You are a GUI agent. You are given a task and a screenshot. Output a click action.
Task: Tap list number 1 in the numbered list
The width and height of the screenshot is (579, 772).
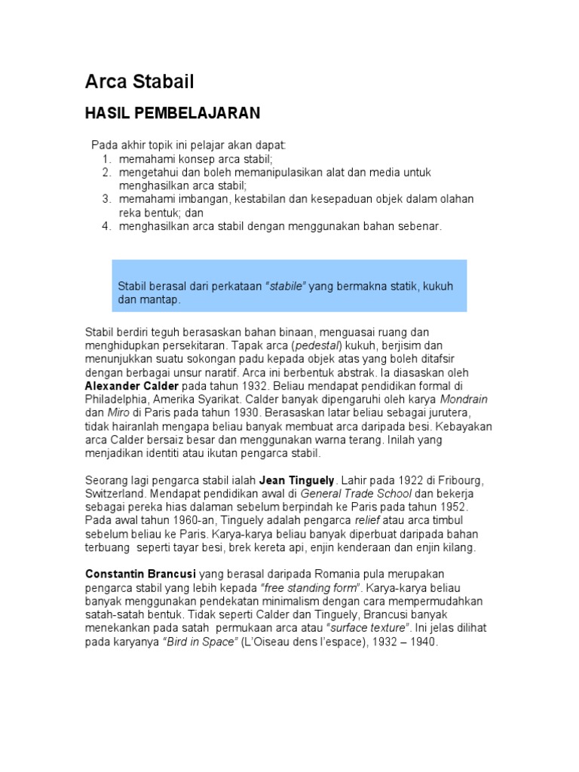106,158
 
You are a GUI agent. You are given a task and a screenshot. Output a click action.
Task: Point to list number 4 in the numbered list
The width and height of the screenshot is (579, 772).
106,226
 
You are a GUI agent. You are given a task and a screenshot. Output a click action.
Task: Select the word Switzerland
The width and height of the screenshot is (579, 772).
118,493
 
